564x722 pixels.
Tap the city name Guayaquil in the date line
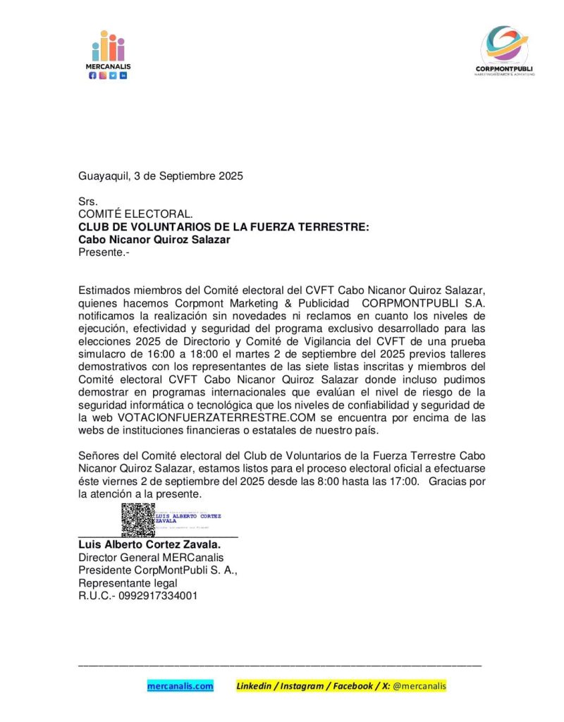click(103, 176)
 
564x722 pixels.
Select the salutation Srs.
click(87, 202)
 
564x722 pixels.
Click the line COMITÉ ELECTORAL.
click(135, 214)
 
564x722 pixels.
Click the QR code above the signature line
click(137, 520)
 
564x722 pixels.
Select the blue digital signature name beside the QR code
click(188, 518)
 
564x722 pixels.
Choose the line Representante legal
click(128, 583)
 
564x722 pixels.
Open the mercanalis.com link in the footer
click(180, 685)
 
